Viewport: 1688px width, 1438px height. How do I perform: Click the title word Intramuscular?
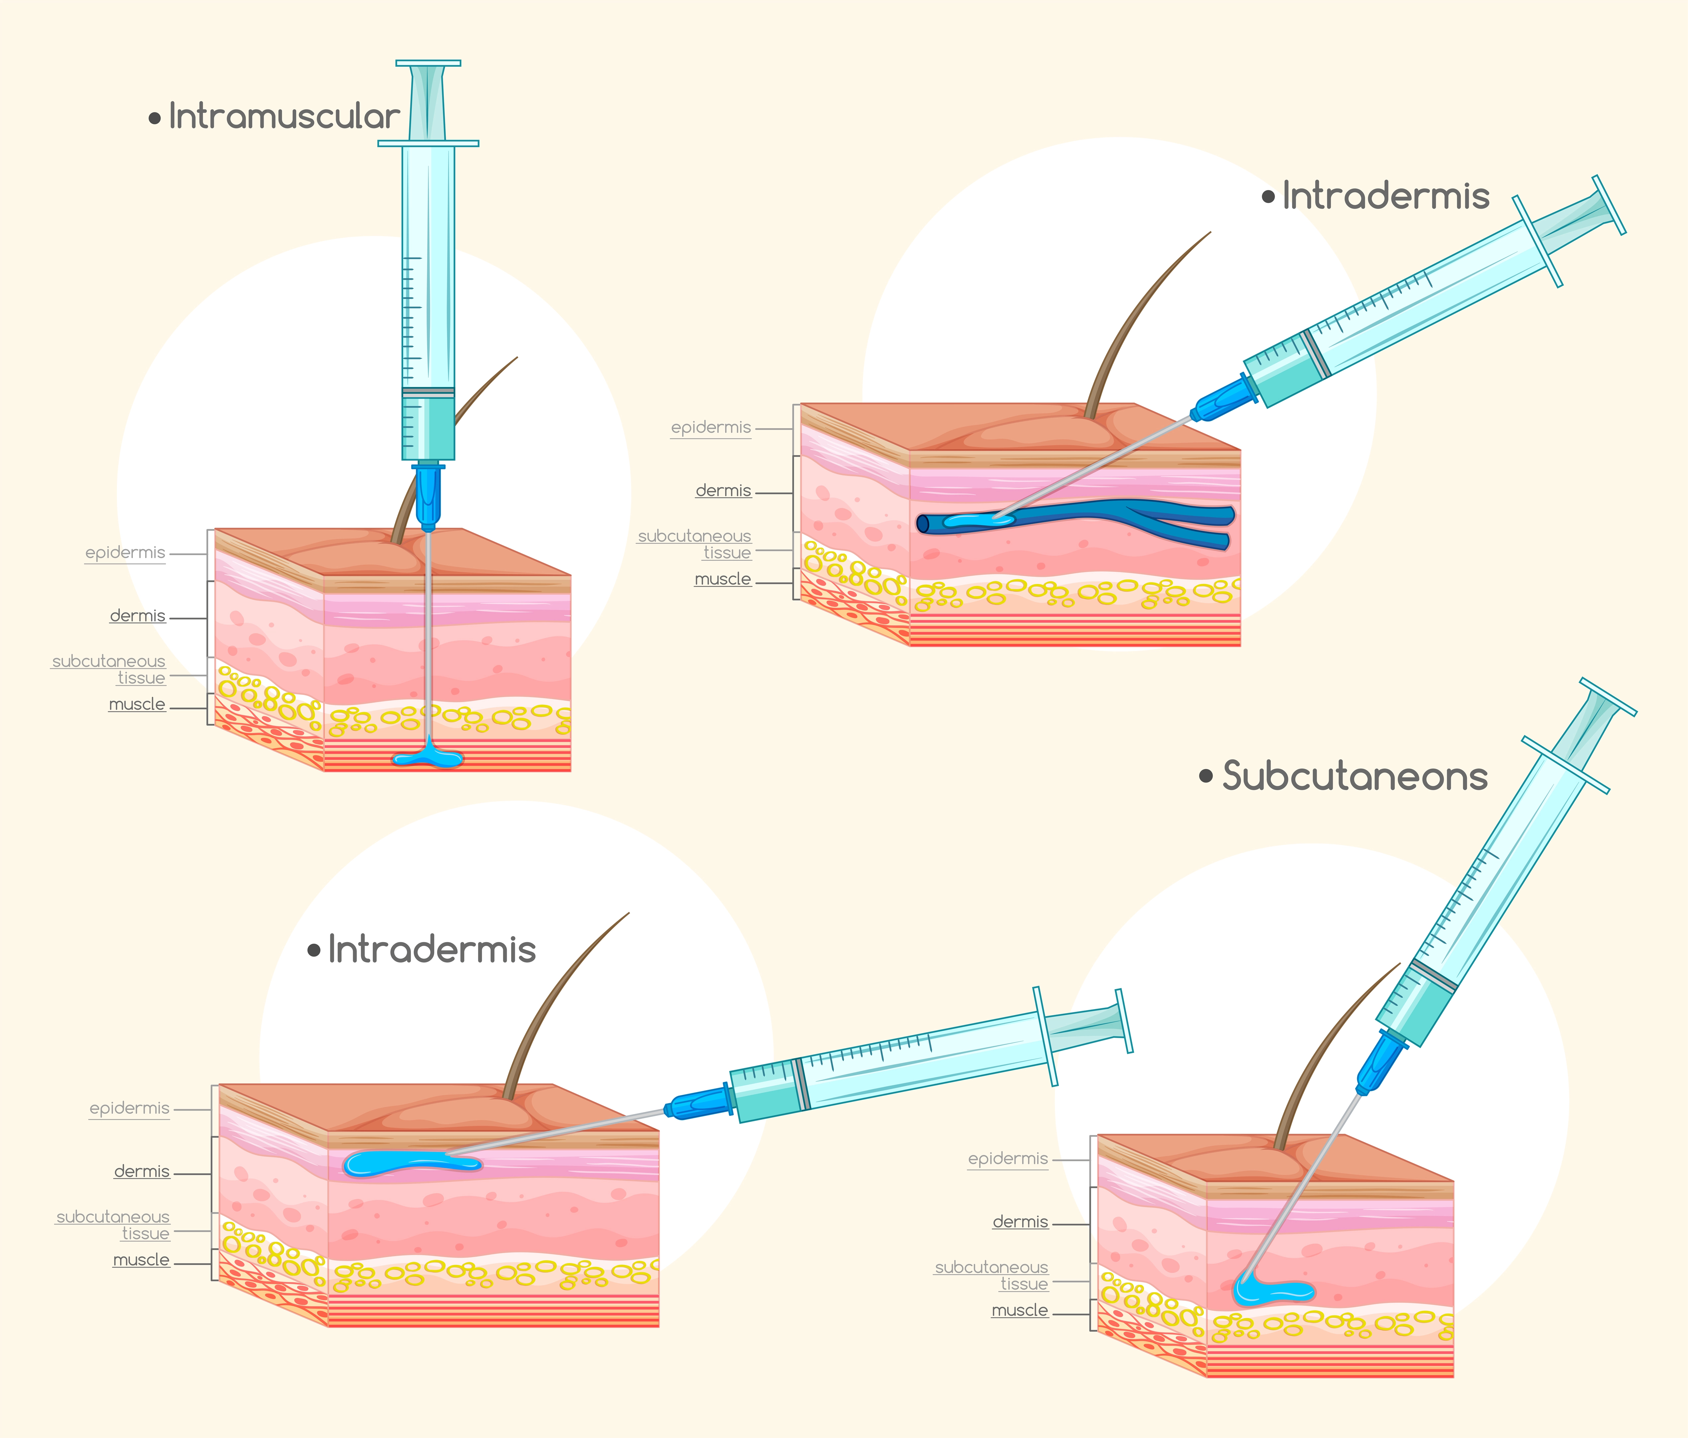coord(284,117)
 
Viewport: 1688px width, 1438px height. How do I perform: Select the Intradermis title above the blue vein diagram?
coord(1385,196)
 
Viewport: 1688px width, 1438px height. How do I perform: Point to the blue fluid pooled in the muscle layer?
coord(428,758)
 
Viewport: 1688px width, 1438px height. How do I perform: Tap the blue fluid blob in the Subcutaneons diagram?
coord(1271,1290)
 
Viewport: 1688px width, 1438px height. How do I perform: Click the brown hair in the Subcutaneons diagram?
coord(1312,1059)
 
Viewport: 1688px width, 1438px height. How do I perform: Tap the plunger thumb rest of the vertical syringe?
coord(428,63)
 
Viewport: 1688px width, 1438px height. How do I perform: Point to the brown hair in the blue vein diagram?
coord(1132,326)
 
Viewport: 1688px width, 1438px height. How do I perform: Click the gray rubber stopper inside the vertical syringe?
coord(428,392)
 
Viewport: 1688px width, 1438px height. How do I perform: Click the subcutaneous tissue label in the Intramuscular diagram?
coord(110,669)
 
